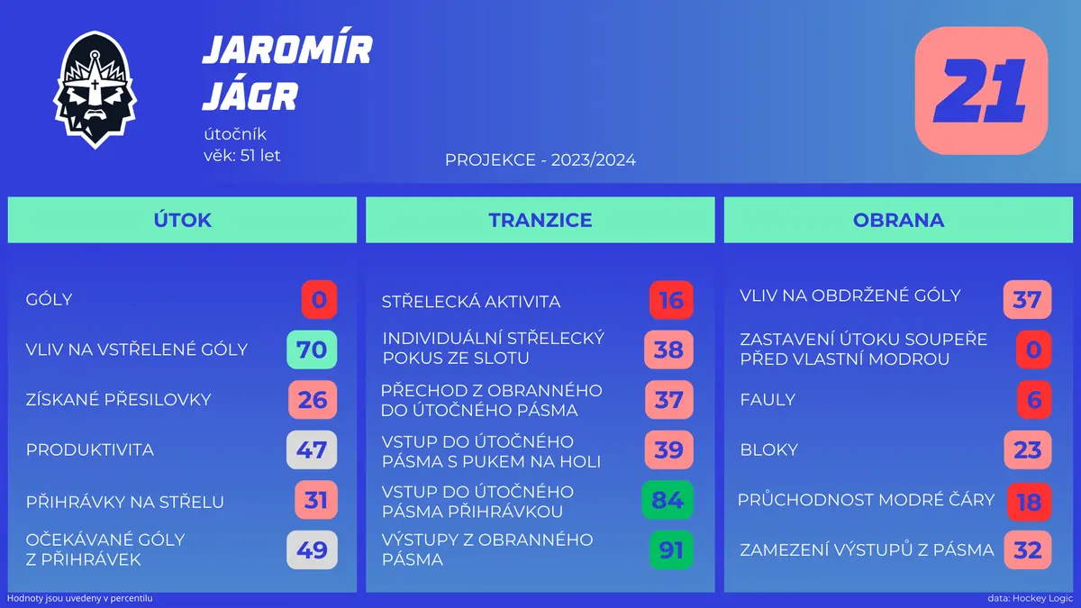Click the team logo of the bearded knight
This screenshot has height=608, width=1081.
point(95,90)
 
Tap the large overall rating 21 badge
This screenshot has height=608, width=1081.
point(981,91)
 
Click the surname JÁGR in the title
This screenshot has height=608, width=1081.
point(250,96)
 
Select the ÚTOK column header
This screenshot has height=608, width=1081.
point(182,220)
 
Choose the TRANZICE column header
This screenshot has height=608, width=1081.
point(540,220)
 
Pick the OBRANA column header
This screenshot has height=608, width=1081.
point(899,220)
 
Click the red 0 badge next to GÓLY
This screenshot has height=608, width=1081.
point(319,300)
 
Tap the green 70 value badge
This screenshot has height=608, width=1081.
point(312,349)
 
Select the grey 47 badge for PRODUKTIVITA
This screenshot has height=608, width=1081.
point(312,449)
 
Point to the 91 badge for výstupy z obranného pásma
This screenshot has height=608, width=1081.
point(671,550)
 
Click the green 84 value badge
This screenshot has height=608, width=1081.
point(668,500)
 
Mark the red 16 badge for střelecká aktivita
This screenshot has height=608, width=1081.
point(671,300)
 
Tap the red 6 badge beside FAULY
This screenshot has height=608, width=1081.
point(1034,400)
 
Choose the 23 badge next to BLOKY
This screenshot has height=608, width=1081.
point(1028,449)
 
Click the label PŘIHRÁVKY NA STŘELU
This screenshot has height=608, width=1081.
point(125,502)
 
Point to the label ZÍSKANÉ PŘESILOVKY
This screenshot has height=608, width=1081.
point(119,400)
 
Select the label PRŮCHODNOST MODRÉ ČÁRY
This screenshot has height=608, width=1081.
point(867,500)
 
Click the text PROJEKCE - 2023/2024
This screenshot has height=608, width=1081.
point(540,159)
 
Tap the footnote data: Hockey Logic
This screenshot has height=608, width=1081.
point(1031,598)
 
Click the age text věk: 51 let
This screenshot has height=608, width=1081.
point(241,155)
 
